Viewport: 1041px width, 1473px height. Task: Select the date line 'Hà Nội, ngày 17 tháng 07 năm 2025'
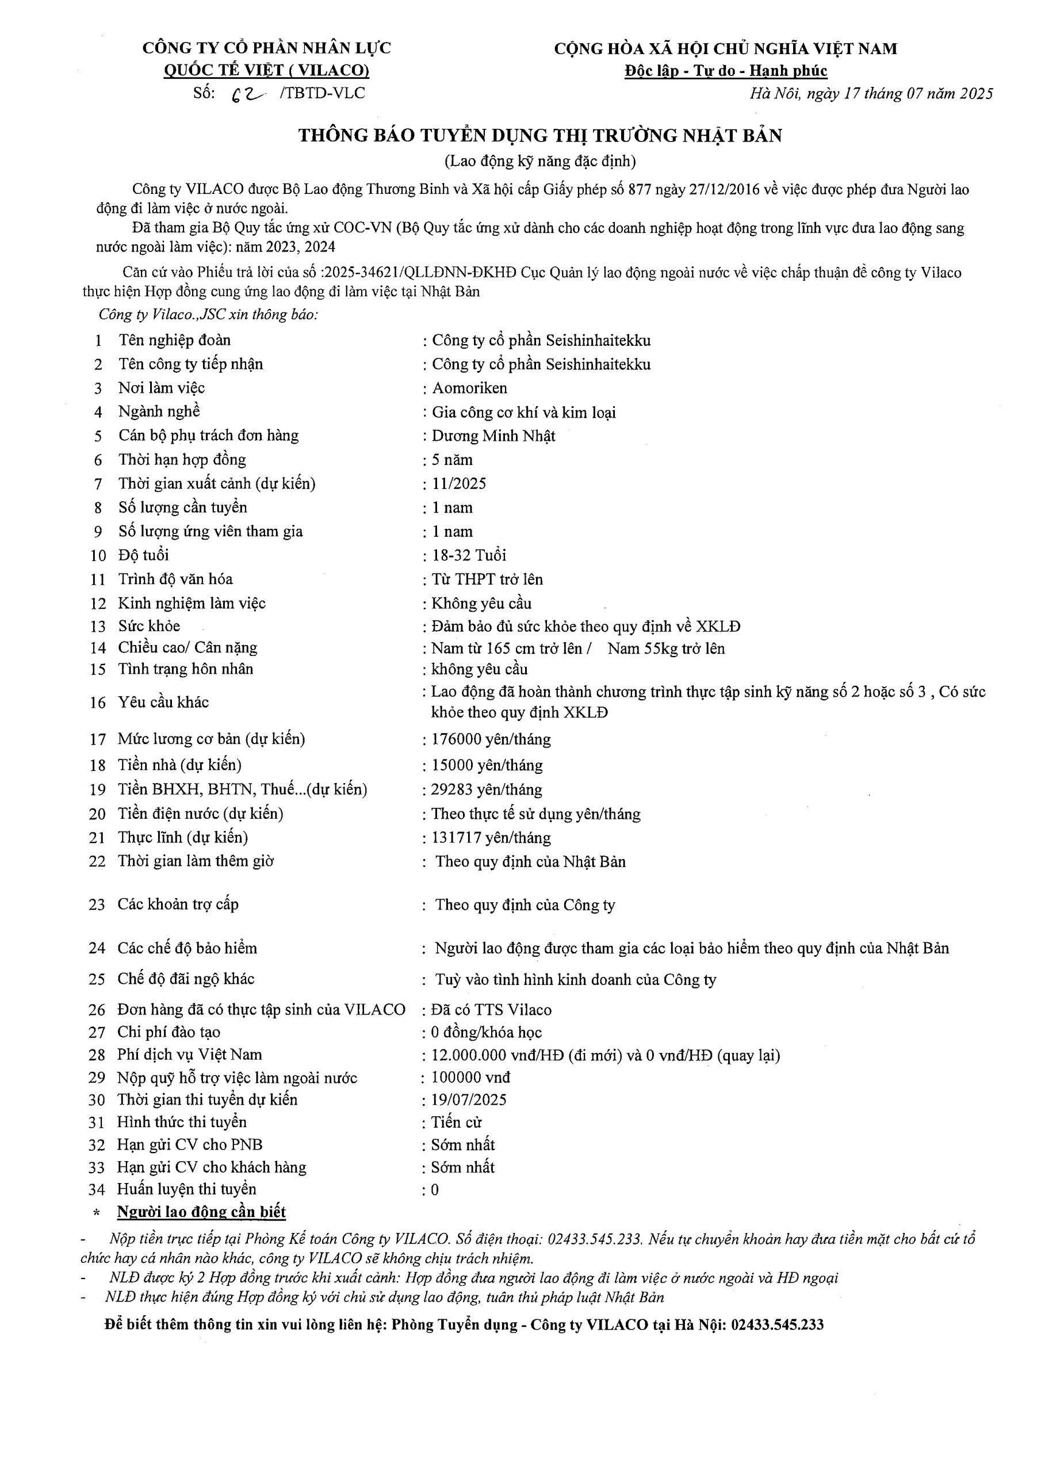(x=871, y=94)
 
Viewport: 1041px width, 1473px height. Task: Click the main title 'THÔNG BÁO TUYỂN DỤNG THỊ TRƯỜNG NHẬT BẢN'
(x=539, y=136)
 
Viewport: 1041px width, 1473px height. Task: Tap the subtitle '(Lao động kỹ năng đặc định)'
(x=539, y=161)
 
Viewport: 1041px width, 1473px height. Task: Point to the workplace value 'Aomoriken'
(x=469, y=388)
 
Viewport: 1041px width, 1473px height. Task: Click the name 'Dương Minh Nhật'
(x=493, y=436)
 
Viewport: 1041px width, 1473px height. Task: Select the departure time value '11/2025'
(x=459, y=484)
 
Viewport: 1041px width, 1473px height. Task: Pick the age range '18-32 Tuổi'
(x=469, y=556)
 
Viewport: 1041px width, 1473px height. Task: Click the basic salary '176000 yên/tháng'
(x=491, y=740)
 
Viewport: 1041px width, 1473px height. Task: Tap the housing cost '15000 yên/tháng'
(x=487, y=765)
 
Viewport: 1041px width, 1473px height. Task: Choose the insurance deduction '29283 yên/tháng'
(x=486, y=790)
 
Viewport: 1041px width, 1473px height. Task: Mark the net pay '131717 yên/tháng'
(x=491, y=838)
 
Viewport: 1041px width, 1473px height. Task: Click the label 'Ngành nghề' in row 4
(x=159, y=412)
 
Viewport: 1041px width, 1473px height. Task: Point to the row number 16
(x=98, y=703)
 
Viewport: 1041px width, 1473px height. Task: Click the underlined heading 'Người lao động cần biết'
(x=201, y=1212)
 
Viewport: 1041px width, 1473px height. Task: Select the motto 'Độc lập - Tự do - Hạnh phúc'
(x=726, y=71)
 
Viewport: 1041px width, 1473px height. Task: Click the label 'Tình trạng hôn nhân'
(x=185, y=669)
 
